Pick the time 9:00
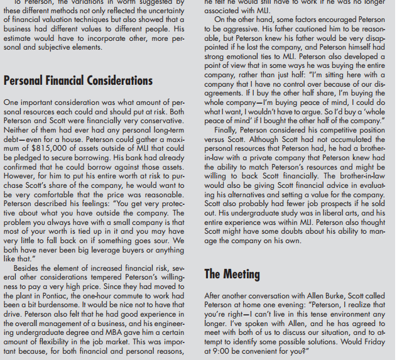(217, 352)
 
